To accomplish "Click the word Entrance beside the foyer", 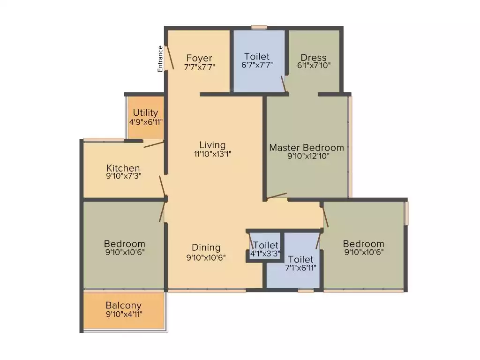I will point(160,58).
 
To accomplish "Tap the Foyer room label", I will point(199,58).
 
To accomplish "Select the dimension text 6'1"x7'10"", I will point(314,66).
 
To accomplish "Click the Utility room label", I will point(145,113).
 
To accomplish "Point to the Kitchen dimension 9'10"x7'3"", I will point(123,176).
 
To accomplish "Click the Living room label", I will point(212,145).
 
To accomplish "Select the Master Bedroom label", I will point(306,148).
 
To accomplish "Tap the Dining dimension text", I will point(206,256).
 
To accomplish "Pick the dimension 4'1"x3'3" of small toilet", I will point(265,254).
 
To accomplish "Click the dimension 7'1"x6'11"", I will point(300,268).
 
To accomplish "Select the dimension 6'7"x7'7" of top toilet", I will point(256,66).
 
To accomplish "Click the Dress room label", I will point(314,58).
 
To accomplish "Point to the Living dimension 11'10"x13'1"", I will point(212,153).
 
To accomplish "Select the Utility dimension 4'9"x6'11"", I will point(146,121).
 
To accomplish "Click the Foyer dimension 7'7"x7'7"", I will point(199,67).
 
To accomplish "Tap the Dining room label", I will point(206,247).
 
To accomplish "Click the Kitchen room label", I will point(123,168).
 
